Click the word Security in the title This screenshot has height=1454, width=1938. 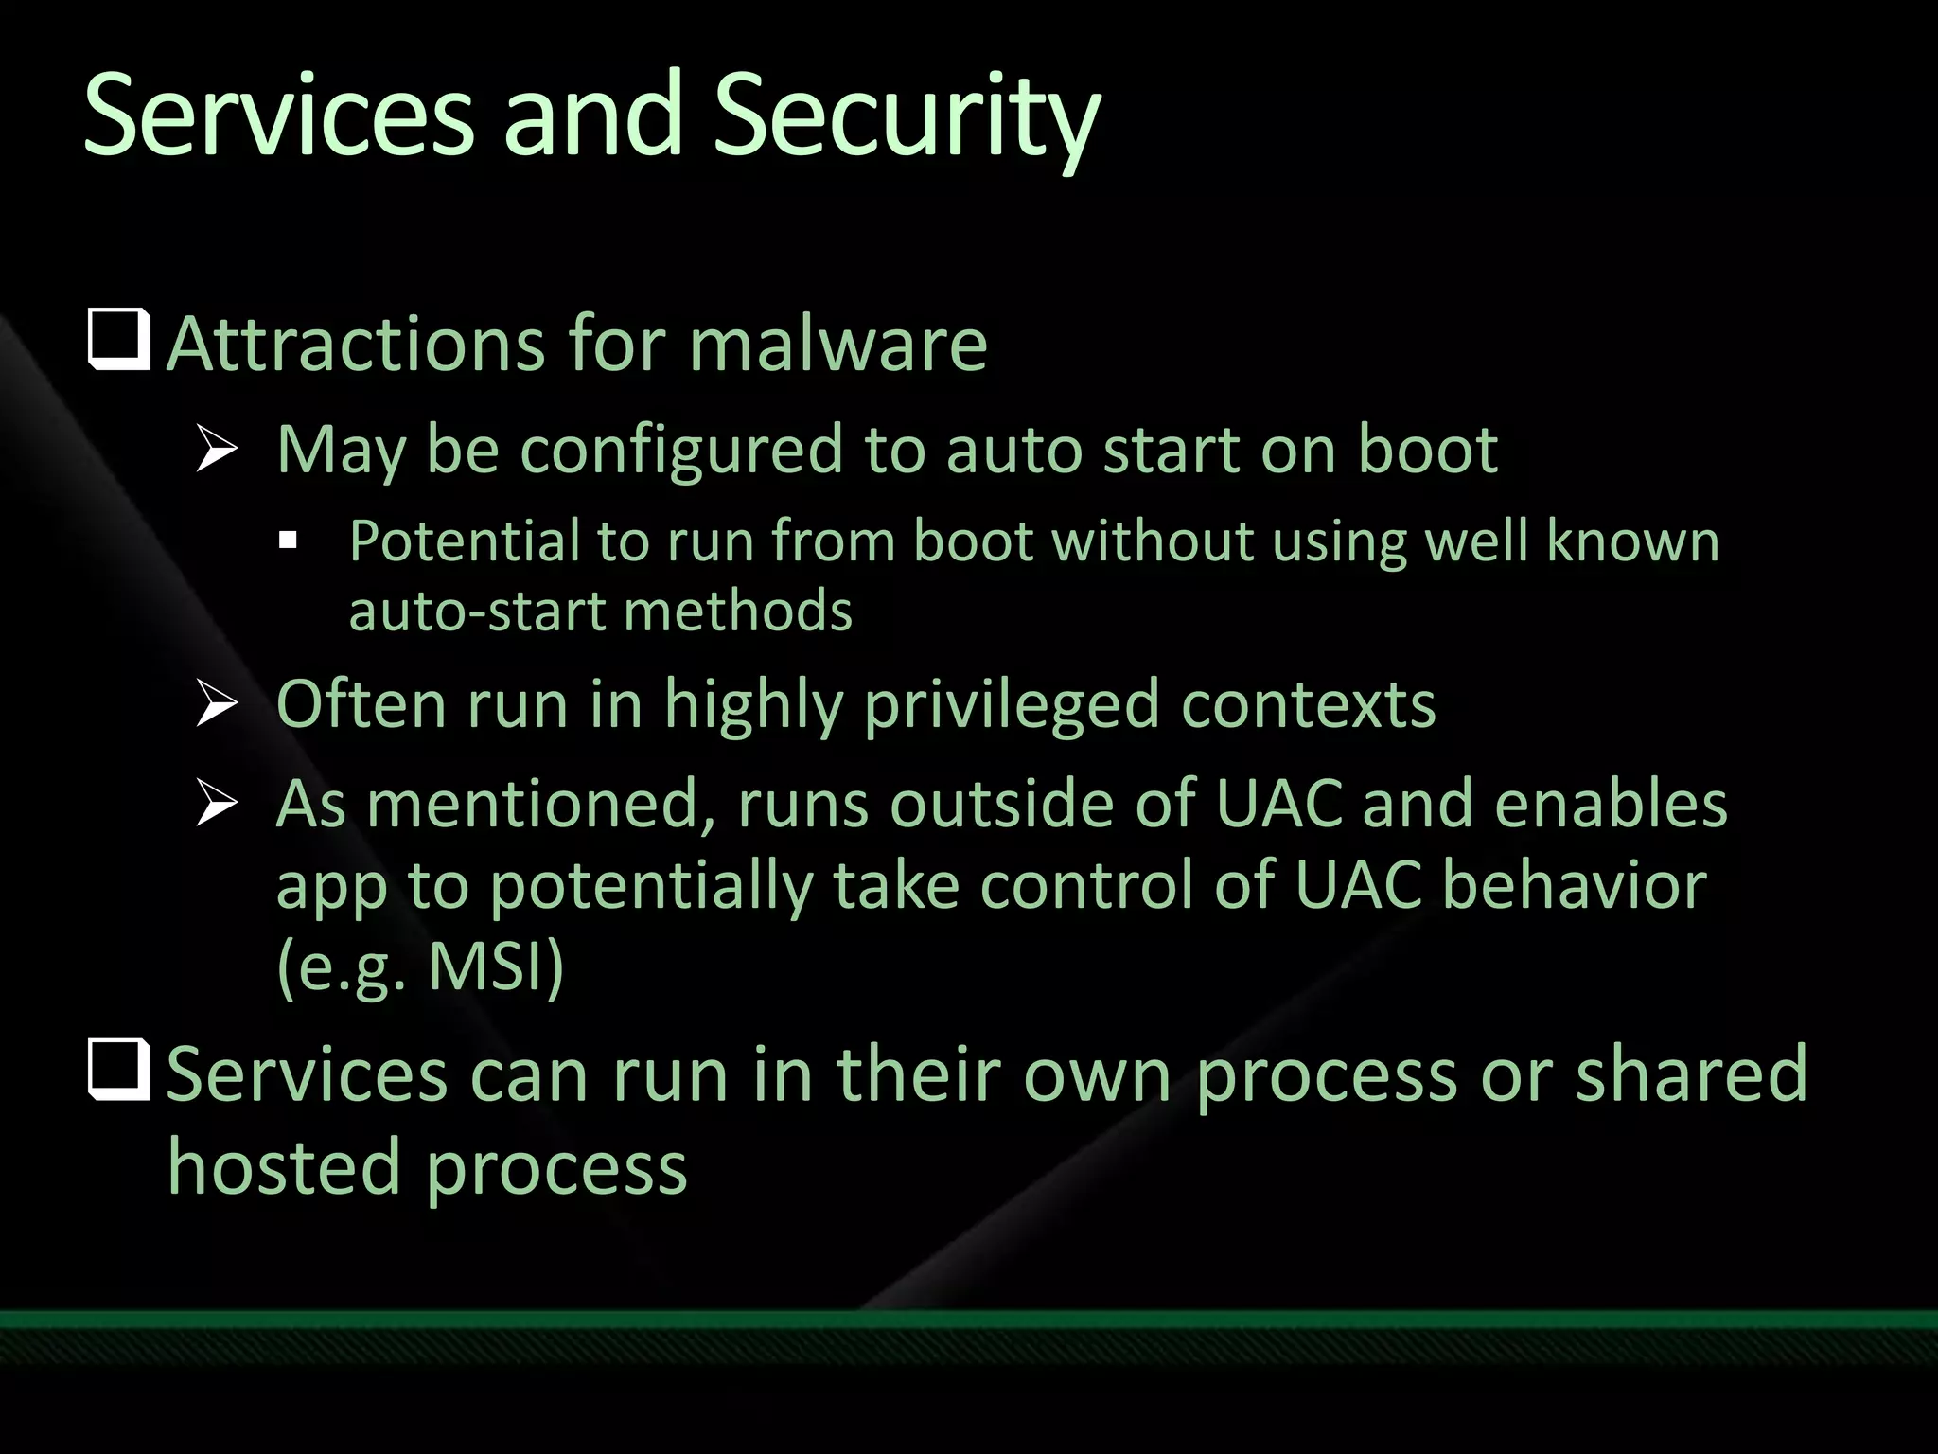[906, 118]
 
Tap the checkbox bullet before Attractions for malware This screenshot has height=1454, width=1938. [119, 339]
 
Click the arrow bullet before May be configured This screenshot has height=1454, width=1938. [217, 449]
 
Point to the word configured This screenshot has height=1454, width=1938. [680, 451]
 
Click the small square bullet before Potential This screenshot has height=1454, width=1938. [289, 542]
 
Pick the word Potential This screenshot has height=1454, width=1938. [464, 543]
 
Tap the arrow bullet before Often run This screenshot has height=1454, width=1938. [217, 704]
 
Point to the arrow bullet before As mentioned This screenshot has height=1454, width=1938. [217, 804]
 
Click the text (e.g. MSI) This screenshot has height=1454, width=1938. [420, 966]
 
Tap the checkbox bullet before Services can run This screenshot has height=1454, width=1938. [119, 1070]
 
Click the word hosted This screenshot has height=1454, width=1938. [285, 1167]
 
